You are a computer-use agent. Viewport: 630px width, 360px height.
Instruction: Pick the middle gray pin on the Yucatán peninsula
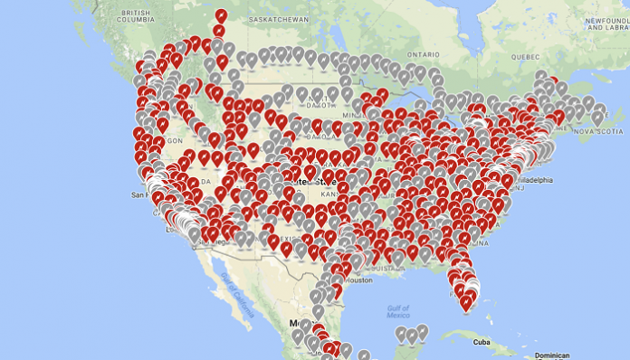pos(411,336)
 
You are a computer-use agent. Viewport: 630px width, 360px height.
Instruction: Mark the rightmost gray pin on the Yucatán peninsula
pos(422,331)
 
